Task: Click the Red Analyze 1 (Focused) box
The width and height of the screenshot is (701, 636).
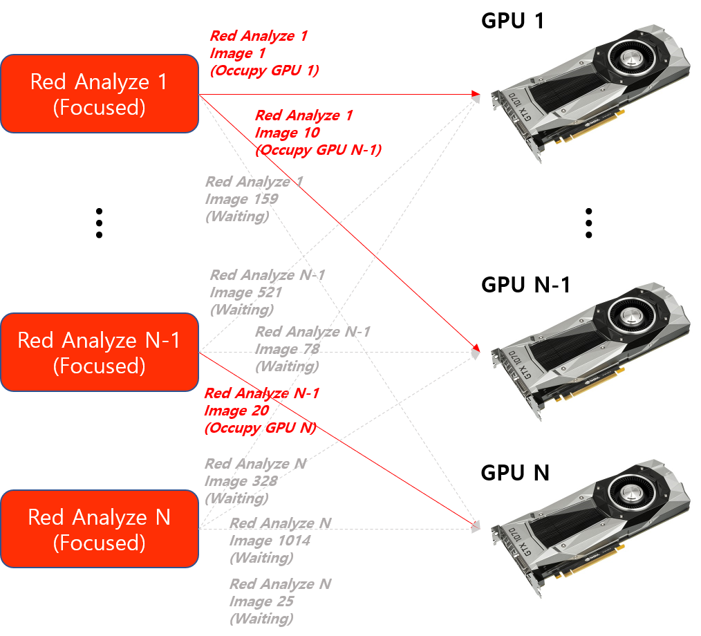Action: pos(99,94)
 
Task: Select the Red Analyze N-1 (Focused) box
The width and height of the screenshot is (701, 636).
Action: pos(99,353)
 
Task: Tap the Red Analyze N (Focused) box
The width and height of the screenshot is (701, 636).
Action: pos(99,530)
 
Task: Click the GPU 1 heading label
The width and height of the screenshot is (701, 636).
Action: pos(512,21)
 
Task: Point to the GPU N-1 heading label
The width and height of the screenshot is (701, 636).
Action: pos(526,284)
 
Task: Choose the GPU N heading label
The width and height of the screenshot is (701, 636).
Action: pos(515,473)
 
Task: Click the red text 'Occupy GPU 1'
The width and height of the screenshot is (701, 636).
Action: pos(265,71)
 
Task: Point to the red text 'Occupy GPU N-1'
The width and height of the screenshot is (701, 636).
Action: pos(318,150)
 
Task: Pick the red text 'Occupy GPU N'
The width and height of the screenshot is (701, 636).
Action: pos(260,429)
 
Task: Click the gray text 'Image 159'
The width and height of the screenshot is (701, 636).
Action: pos(241,199)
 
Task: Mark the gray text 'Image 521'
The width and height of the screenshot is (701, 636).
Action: pos(245,292)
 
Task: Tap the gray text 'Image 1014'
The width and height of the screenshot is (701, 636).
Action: pos(270,541)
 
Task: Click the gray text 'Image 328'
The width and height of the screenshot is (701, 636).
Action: pos(241,481)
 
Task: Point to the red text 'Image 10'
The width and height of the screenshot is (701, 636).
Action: pos(287,133)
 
